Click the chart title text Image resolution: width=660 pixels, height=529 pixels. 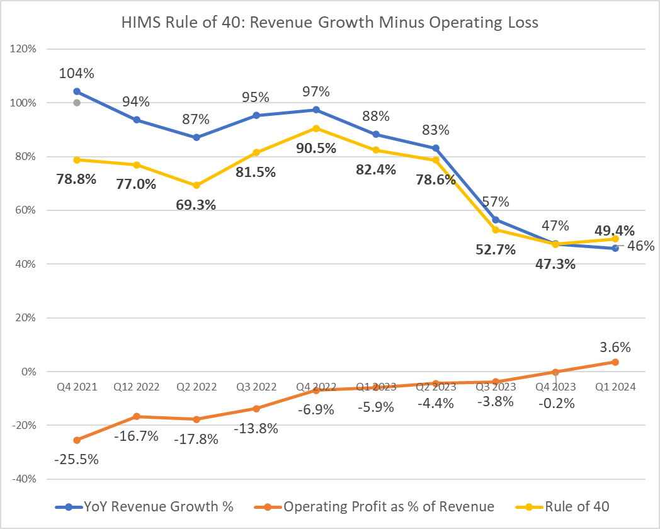coord(330,23)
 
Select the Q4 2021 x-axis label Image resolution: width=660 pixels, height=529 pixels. coord(77,387)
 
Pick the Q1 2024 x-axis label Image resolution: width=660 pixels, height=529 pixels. coord(615,387)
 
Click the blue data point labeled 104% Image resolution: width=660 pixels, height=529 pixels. coord(77,91)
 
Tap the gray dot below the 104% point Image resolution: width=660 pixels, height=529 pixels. coord(77,103)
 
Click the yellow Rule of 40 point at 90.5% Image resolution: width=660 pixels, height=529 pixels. coord(316,128)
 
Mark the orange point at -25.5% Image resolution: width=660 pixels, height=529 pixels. coord(77,440)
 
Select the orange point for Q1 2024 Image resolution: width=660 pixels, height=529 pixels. coord(615,362)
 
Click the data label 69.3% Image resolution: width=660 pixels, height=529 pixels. coord(196,205)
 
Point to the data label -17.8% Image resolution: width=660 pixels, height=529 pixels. coord(196,439)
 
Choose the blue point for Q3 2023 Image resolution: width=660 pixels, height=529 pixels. coord(495,220)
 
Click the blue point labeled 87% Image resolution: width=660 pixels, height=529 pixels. coord(196,137)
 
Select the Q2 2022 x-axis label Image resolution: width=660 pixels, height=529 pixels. coord(196,387)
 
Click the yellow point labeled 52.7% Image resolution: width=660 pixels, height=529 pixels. coord(495,230)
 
